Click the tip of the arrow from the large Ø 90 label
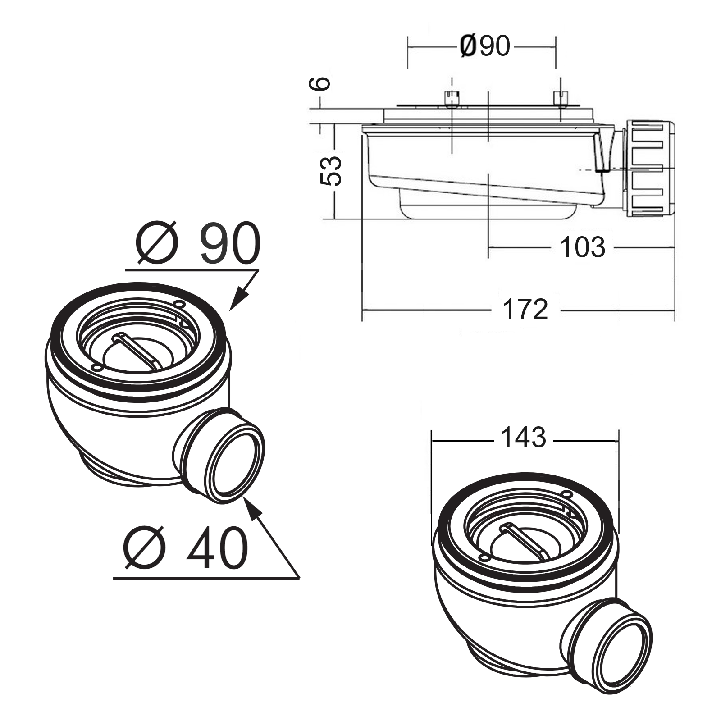coord(230,310)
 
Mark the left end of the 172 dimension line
coord(362,310)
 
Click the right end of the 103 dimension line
coord(675,247)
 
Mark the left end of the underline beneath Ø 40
coord(114,578)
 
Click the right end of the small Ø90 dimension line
coord(556,46)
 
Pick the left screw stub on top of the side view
coord(451,99)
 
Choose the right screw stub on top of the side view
coord(560,99)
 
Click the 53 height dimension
coord(331,171)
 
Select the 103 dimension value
coord(583,247)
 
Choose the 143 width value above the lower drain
coord(523,438)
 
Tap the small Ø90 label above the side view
coord(485,46)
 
